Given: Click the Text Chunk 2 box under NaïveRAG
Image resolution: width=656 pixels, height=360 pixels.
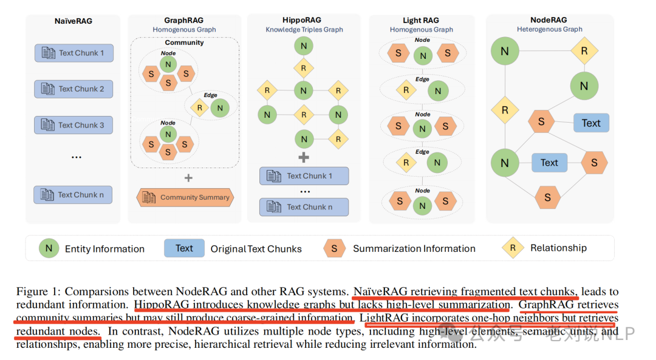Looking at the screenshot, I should (73, 89).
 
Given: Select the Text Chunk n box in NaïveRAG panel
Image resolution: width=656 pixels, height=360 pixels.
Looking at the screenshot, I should (73, 195).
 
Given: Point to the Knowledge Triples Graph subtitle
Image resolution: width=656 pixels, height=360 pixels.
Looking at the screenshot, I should (304, 29).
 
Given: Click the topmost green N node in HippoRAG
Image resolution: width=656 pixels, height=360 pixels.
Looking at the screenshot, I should (303, 46).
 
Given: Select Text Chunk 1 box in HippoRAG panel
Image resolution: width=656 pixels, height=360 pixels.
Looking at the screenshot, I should (304, 176).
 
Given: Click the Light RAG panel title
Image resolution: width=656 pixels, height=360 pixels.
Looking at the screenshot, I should (422, 21).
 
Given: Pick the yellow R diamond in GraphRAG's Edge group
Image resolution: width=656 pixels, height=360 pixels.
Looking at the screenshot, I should (199, 108).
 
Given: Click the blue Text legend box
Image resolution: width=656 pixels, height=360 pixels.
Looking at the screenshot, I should (184, 248).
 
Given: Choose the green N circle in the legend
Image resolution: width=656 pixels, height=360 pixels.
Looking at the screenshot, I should (49, 248).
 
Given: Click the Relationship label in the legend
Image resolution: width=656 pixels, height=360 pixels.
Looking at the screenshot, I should (558, 248).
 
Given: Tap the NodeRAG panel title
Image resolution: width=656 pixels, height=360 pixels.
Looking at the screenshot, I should (549, 20).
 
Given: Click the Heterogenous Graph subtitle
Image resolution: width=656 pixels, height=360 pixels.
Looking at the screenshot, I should (549, 29).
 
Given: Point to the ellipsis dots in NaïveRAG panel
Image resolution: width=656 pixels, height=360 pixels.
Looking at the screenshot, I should (77, 157).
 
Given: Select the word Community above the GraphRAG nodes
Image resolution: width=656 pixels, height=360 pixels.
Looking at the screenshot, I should (184, 42).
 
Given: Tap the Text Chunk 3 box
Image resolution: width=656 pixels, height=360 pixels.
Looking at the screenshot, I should (73, 125).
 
